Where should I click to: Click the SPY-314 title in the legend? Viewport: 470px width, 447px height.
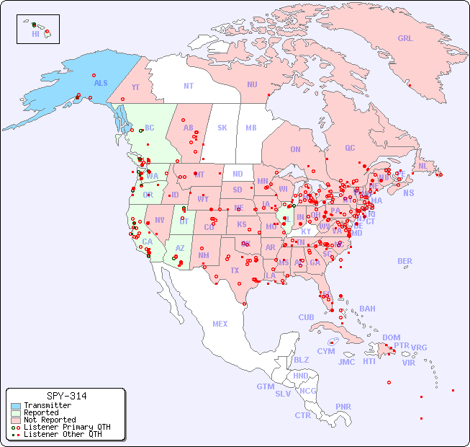pos(66,396)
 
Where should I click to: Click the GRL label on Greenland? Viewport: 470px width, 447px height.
pos(405,39)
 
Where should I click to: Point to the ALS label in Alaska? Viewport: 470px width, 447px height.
pos(101,83)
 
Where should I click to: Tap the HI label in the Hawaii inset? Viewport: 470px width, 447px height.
pos(35,34)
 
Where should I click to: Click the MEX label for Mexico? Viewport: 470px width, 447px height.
pos(220,324)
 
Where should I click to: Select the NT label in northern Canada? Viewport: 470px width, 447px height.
pos(188,86)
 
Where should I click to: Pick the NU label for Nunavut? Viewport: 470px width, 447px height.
pos(252,84)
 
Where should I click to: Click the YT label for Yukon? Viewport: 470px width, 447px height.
pos(135,87)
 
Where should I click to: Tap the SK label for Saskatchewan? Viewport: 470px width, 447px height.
pos(222,128)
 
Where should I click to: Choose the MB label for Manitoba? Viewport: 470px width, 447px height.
pos(250,128)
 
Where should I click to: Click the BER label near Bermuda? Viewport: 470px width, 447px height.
pos(405,261)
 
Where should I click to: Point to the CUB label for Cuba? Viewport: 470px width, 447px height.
pos(306,317)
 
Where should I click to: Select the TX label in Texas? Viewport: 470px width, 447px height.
pos(234,270)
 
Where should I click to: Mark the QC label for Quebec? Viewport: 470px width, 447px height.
pos(350,148)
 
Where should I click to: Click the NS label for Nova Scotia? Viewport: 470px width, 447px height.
pos(408,192)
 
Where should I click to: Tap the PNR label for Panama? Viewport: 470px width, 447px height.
pos(343,407)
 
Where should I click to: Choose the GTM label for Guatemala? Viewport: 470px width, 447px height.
pos(265,386)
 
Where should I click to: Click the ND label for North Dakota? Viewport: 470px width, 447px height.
pos(238,174)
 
